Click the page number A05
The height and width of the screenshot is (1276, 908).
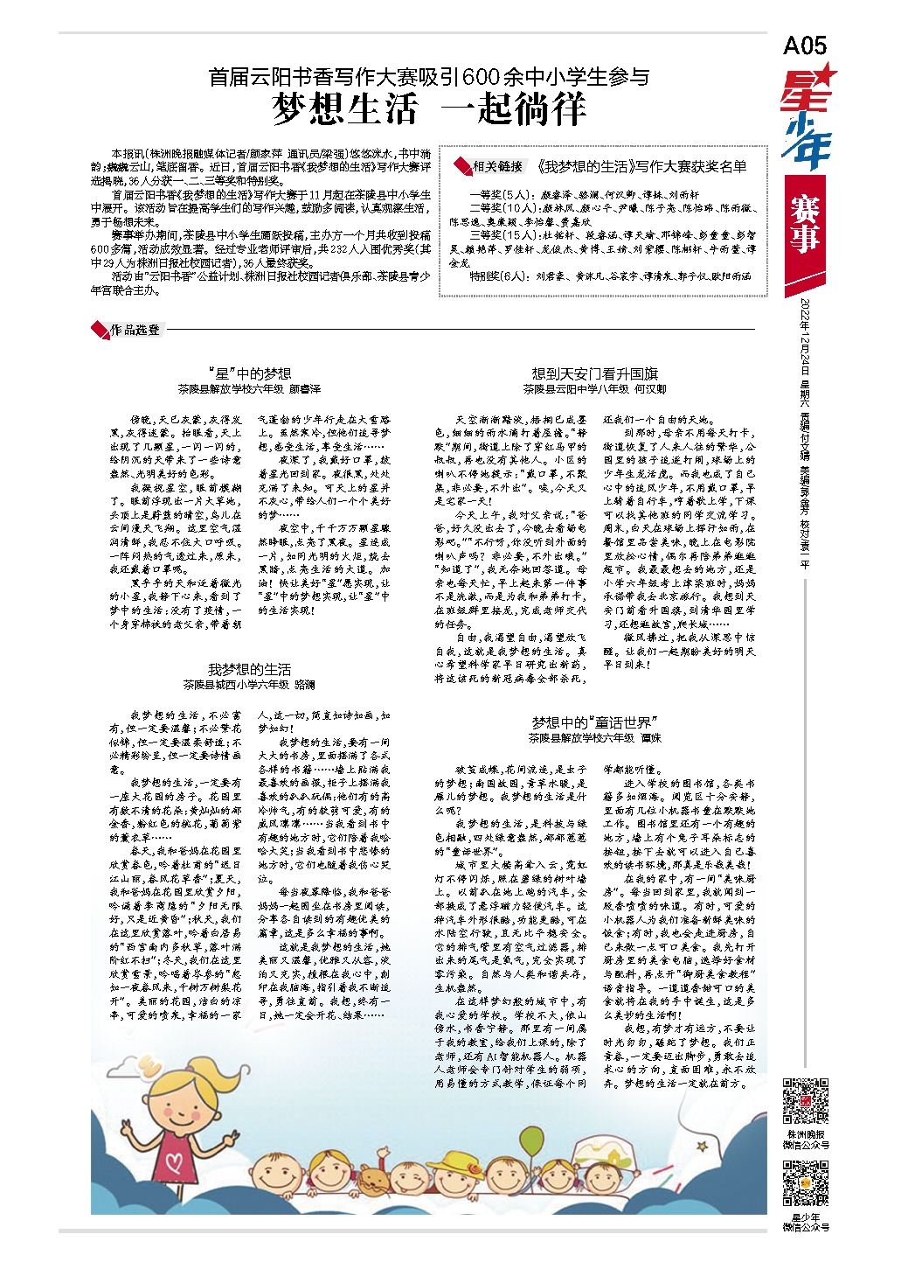[804, 45]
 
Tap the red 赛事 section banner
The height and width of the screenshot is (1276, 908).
[804, 224]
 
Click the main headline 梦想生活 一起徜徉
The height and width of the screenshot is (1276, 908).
[428, 110]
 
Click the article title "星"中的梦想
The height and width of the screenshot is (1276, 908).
[250, 374]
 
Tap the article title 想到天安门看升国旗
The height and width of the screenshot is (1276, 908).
[595, 374]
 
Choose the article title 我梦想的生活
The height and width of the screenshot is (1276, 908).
[249, 670]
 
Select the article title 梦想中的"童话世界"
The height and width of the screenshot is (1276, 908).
[594, 722]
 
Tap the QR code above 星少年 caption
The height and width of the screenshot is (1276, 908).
[805, 1182]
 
